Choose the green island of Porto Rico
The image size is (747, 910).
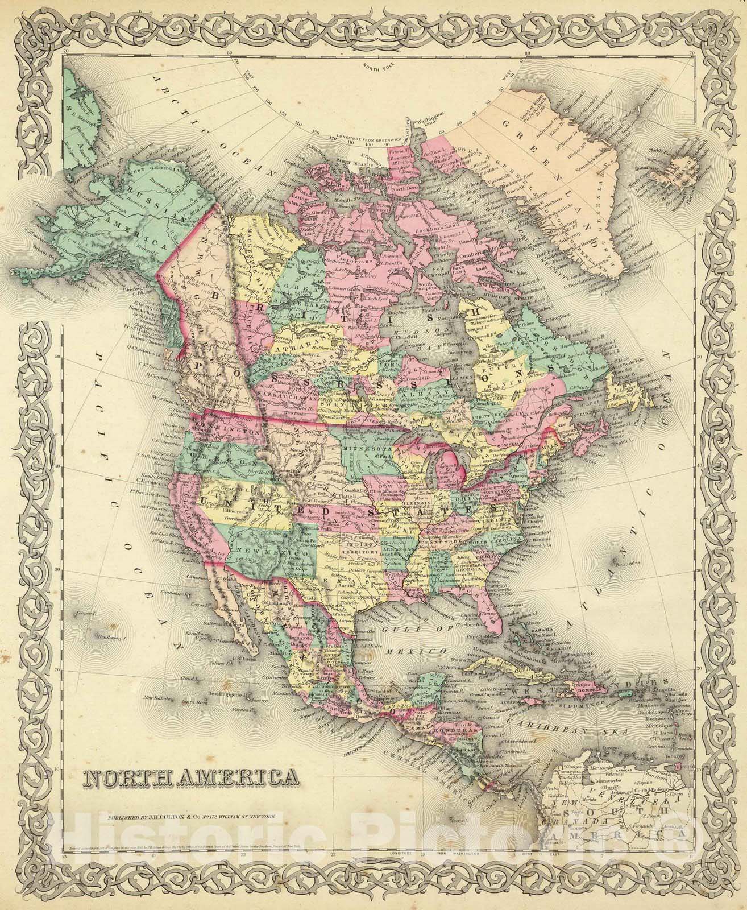pos(626,692)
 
